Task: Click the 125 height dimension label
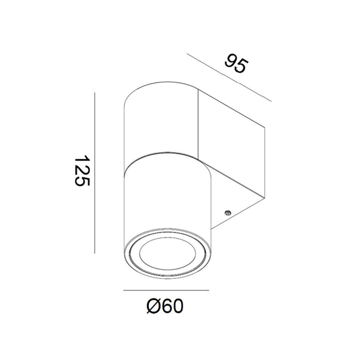[82, 170]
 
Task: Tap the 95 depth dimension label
[237, 64]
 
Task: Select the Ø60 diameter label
[165, 306]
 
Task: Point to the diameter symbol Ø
[153, 306]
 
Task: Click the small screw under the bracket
[228, 213]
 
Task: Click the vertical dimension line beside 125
[95, 173]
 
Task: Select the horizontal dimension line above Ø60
[166, 291]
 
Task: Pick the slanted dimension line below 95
[229, 77]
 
